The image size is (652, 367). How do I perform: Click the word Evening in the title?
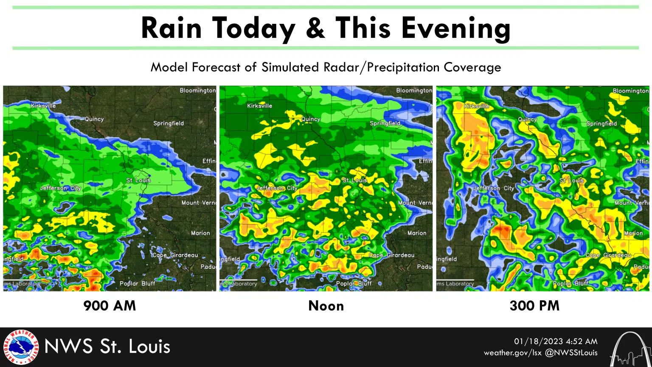pos(456,28)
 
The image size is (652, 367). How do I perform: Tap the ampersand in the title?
pos(315,28)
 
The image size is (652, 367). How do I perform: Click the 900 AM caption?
pos(110,305)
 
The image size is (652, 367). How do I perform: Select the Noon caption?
pos(326,305)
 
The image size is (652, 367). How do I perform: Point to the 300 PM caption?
pos(534,305)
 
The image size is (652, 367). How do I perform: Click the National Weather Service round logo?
pos(20,347)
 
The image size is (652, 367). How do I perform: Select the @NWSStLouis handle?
pos(571,353)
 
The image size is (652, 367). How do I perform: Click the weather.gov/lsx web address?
pos(513,353)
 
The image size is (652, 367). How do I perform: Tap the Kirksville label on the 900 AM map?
pos(43,106)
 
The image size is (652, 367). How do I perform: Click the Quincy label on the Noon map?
pos(311,119)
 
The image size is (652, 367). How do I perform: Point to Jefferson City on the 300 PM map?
pos(494,188)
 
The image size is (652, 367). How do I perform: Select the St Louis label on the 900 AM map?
pos(138,180)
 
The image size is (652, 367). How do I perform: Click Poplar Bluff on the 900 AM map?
pos(137,283)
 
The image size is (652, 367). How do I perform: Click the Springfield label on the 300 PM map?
pos(601,124)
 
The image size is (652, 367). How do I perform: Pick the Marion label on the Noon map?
pos(417,233)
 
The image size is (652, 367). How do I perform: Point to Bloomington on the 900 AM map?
pos(197,90)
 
